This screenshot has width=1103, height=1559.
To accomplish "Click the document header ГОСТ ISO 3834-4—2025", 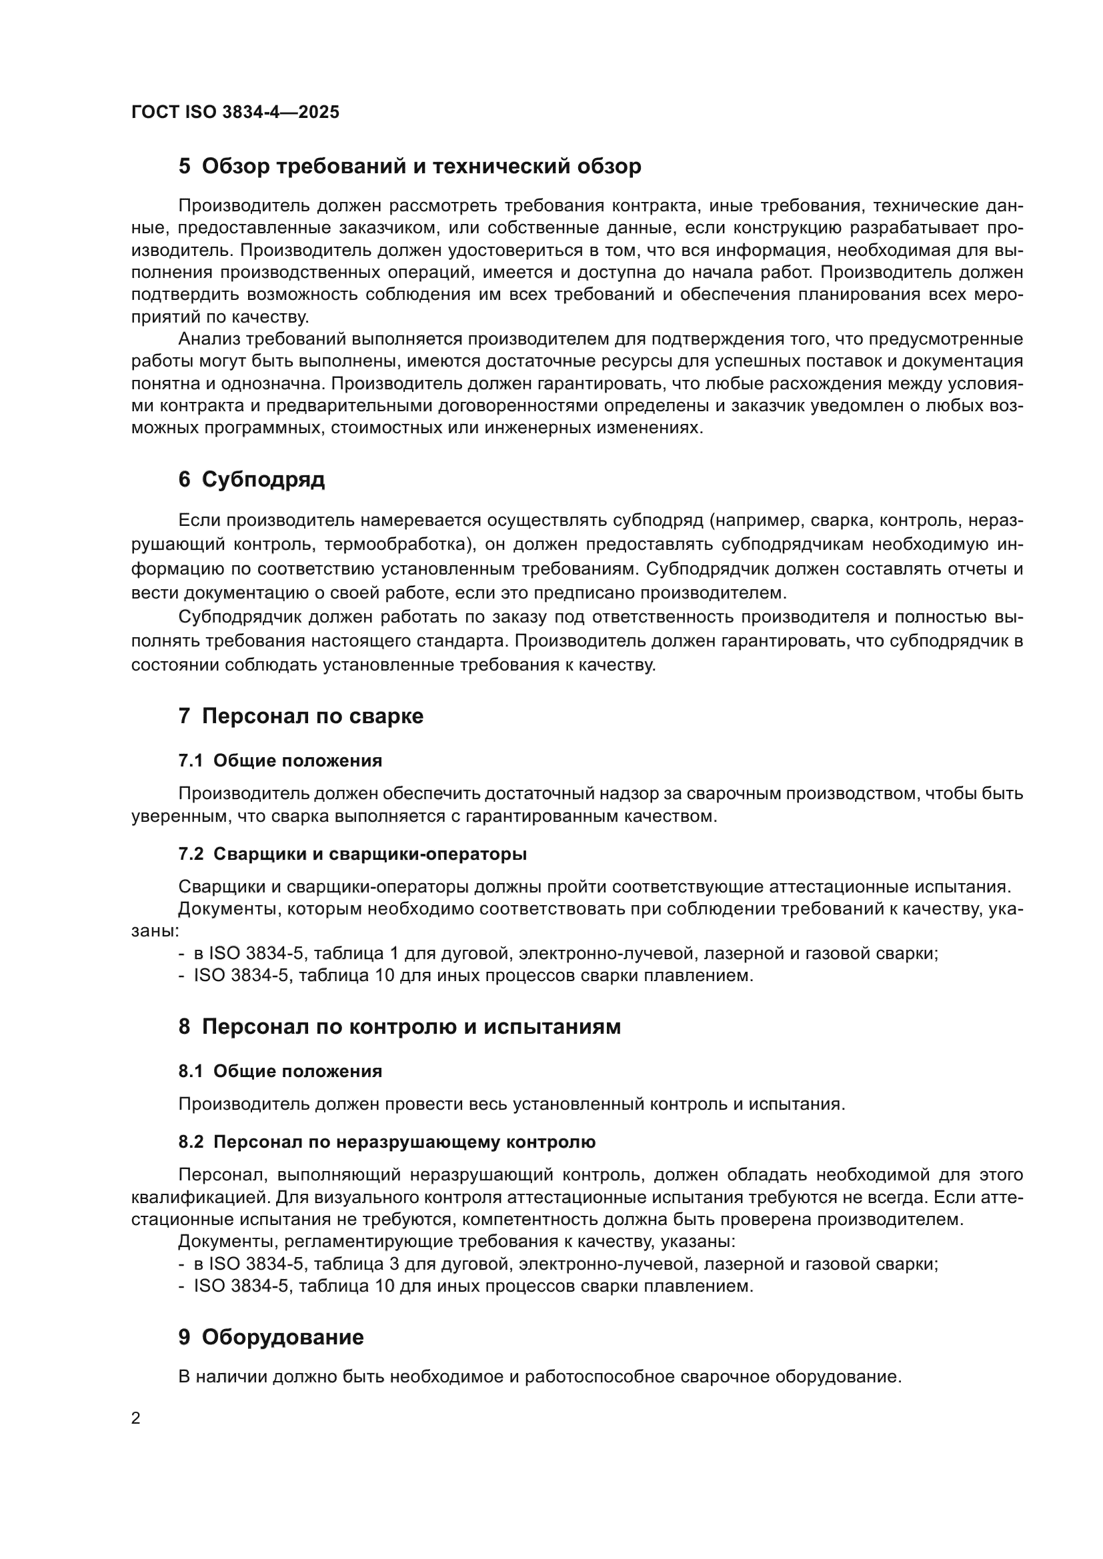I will coord(235,113).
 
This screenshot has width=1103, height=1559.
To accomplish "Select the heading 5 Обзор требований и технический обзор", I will coord(409,167).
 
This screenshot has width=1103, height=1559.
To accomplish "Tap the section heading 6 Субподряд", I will coord(251,480).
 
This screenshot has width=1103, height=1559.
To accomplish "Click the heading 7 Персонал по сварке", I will coord(300,717).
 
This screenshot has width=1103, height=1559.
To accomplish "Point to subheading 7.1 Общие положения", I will coord(280,761).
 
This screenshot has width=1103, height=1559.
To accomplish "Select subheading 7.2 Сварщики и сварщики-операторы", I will coord(353,854).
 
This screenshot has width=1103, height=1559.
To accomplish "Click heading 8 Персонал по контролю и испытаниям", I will coord(399,1027).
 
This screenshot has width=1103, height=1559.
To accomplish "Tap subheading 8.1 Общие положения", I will coord(280,1072).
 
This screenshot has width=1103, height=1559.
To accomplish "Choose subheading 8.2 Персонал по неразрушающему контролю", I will coord(387,1142).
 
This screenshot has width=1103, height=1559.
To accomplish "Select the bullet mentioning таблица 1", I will coord(557,954).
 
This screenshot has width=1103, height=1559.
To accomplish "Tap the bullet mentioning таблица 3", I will coord(557,1264).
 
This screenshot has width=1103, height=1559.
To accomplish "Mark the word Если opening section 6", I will coord(199,521).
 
